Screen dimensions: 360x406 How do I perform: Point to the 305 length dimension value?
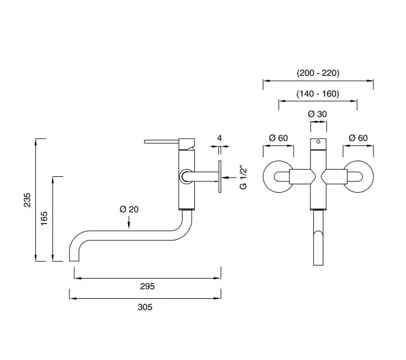144,307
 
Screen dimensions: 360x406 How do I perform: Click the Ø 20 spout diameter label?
129,209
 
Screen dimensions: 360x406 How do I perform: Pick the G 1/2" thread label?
243,176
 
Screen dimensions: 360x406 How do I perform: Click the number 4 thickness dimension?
220,138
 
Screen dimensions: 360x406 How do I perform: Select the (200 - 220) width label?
318,73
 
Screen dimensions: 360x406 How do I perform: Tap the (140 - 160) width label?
318,94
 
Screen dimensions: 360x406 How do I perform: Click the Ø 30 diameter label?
318,114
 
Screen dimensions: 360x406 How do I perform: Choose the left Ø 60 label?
279,138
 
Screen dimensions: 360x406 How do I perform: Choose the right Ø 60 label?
358,138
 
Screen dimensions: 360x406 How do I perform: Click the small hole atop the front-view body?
318,142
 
